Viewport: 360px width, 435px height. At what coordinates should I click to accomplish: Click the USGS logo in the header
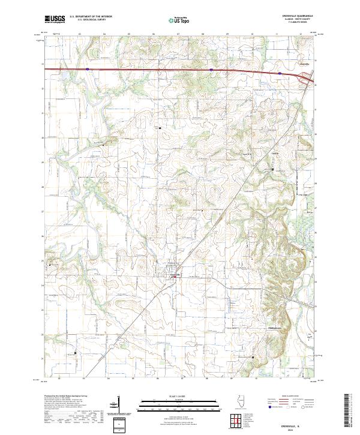tap(55, 19)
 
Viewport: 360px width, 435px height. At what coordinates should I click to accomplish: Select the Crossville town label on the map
tap(175, 274)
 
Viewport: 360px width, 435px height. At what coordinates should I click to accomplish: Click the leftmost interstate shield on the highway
tap(87, 69)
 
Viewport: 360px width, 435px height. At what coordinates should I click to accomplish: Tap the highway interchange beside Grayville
tap(310, 77)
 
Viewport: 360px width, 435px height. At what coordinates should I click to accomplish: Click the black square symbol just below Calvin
tap(273, 170)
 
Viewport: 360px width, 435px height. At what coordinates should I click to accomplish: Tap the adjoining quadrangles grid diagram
tap(235, 421)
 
